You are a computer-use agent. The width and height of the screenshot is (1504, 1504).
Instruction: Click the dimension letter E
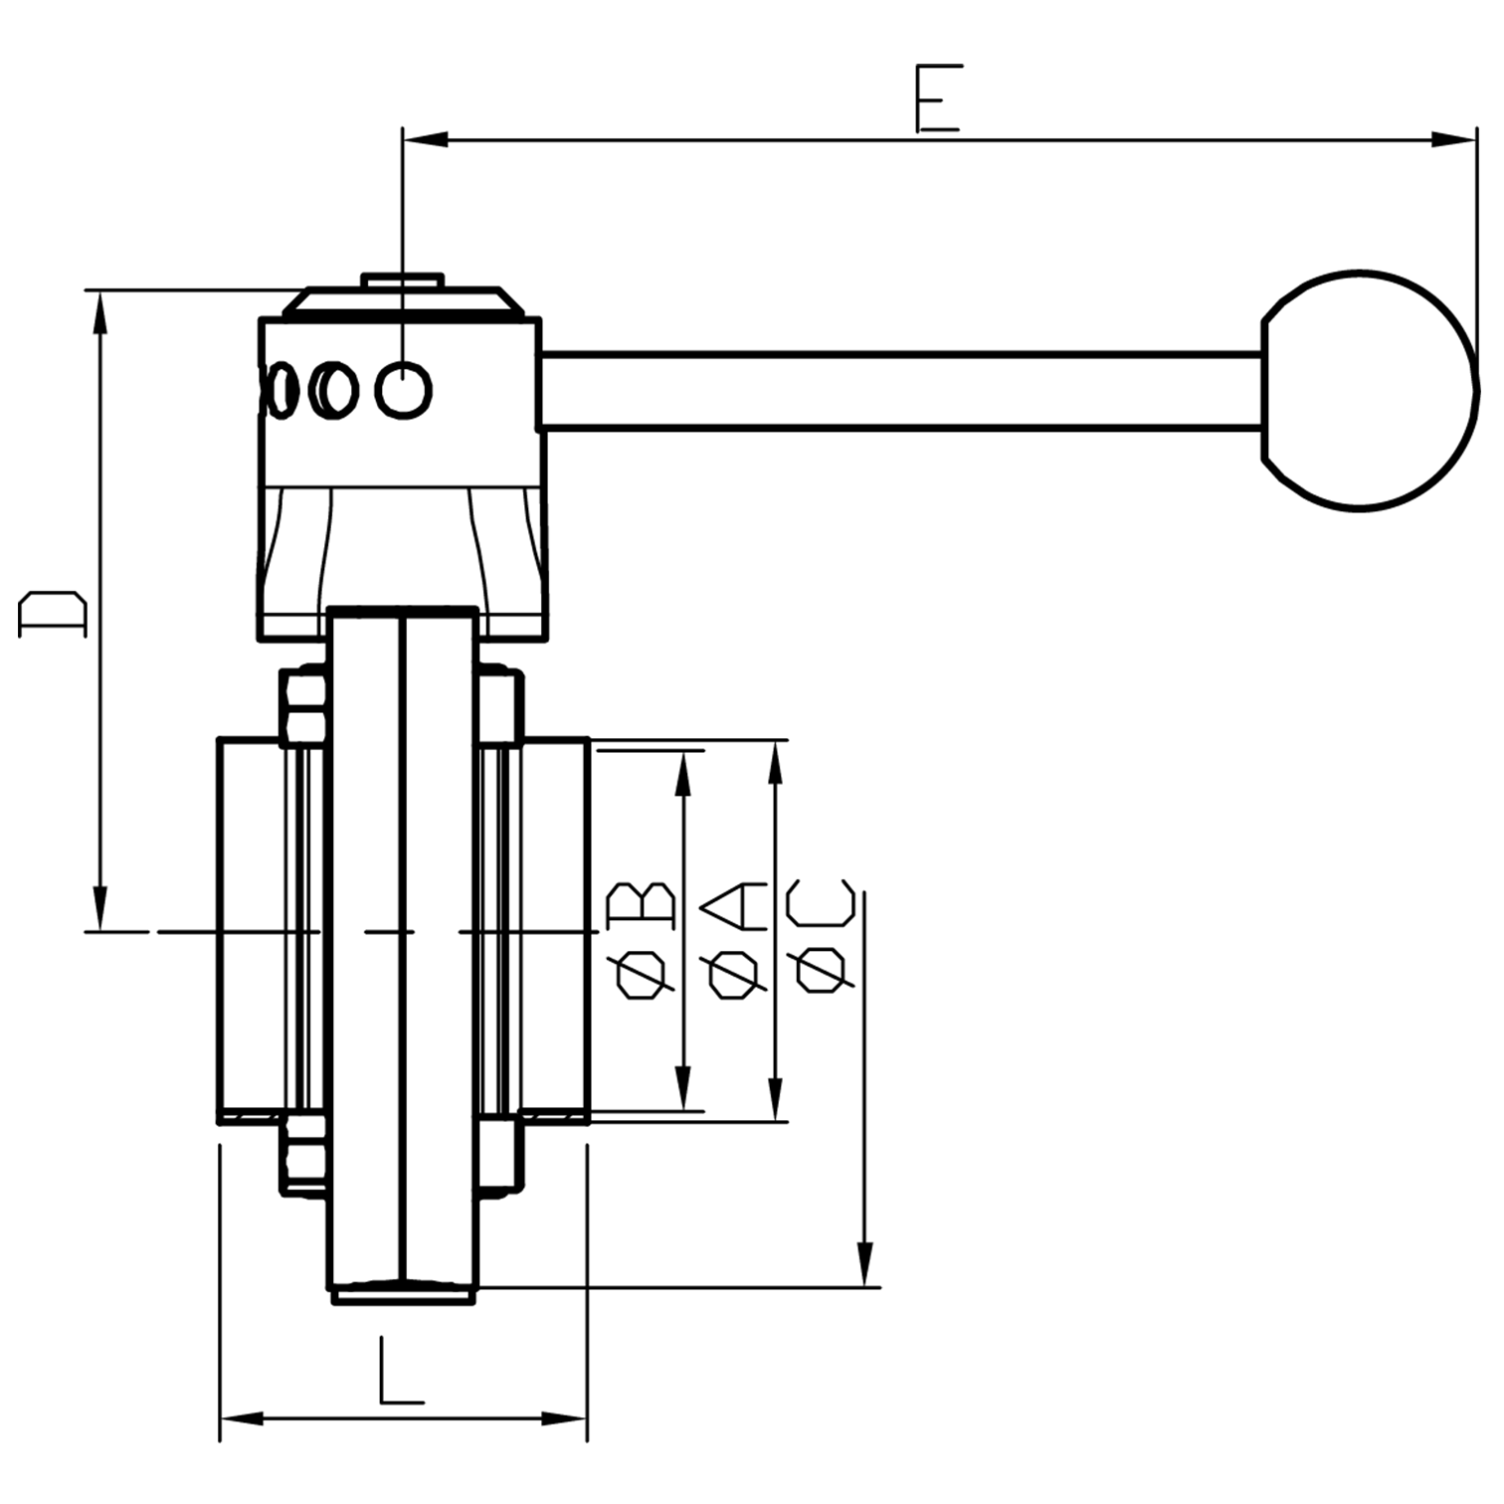coord(937,98)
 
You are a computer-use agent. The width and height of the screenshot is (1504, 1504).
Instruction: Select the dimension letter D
coord(53,613)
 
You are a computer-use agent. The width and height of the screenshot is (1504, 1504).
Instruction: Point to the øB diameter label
coord(643,939)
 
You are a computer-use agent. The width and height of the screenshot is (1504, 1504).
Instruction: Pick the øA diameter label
coord(734,939)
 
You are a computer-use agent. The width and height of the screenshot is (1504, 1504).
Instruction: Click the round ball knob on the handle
coord(1370,391)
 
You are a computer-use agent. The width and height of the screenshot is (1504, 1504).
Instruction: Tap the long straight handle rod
coord(900,391)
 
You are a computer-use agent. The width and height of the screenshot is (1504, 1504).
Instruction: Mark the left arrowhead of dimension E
coord(424,138)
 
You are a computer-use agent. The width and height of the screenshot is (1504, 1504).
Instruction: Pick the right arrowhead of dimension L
coord(566,1417)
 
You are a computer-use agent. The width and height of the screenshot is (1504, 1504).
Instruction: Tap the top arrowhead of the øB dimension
coord(682,773)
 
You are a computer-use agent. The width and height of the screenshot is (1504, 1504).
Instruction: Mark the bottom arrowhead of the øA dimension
coord(777,1099)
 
